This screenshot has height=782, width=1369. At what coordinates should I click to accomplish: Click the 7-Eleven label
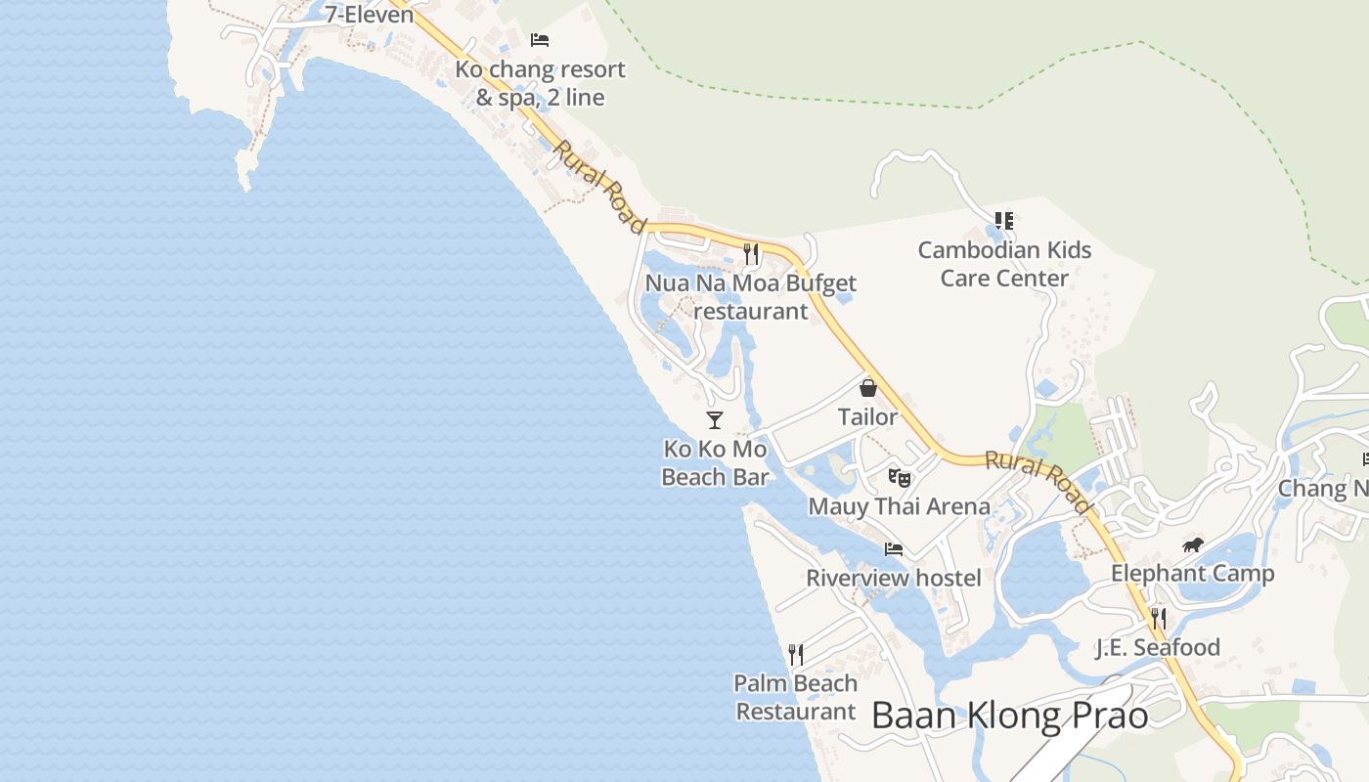click(x=370, y=15)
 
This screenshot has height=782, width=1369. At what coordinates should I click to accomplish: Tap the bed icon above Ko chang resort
click(x=540, y=40)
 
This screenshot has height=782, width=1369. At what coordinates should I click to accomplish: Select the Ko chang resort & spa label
click(x=540, y=84)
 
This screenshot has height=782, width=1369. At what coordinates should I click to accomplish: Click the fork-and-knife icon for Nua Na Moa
click(x=751, y=254)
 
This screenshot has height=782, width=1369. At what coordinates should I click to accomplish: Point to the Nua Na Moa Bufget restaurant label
click(x=750, y=297)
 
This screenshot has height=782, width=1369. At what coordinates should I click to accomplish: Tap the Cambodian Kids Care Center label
click(x=1004, y=264)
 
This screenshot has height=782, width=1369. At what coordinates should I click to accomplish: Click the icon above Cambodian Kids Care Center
click(x=1004, y=221)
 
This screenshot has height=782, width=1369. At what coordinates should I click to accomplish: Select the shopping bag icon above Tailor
click(x=867, y=388)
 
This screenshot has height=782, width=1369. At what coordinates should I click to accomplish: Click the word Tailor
click(x=867, y=417)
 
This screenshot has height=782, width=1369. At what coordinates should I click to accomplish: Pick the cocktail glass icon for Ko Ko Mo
click(x=715, y=420)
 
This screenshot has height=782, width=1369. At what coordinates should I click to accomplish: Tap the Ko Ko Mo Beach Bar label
click(x=715, y=463)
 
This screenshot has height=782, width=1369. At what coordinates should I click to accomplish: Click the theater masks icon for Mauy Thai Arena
click(x=900, y=478)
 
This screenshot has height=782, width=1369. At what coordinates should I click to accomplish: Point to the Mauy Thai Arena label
click(x=899, y=506)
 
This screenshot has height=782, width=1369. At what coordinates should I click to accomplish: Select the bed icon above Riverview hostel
click(x=894, y=549)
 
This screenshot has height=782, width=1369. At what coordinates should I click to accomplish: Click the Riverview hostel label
click(x=893, y=578)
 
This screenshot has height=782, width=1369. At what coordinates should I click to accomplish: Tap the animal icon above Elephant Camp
click(x=1192, y=545)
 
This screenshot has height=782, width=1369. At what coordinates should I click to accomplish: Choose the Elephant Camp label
click(x=1192, y=574)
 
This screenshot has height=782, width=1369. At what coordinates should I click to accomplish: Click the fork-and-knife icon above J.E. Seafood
click(x=1159, y=618)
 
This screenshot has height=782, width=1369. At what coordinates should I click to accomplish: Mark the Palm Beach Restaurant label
click(x=796, y=697)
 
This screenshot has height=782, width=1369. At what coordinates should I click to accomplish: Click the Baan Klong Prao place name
click(x=1009, y=716)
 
